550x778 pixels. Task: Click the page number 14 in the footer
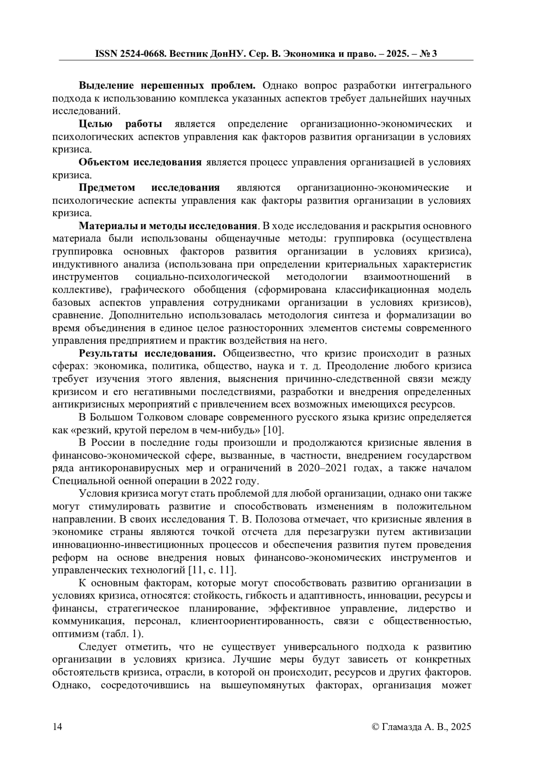(x=57, y=727)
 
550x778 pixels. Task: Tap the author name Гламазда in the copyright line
(x=405, y=727)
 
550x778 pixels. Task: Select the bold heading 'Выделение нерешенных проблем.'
(x=167, y=86)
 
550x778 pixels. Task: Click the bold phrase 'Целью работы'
(x=120, y=124)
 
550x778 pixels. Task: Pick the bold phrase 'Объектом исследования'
(x=140, y=163)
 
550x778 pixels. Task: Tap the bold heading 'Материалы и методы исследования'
(x=167, y=226)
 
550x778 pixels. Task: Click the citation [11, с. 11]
(x=212, y=570)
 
